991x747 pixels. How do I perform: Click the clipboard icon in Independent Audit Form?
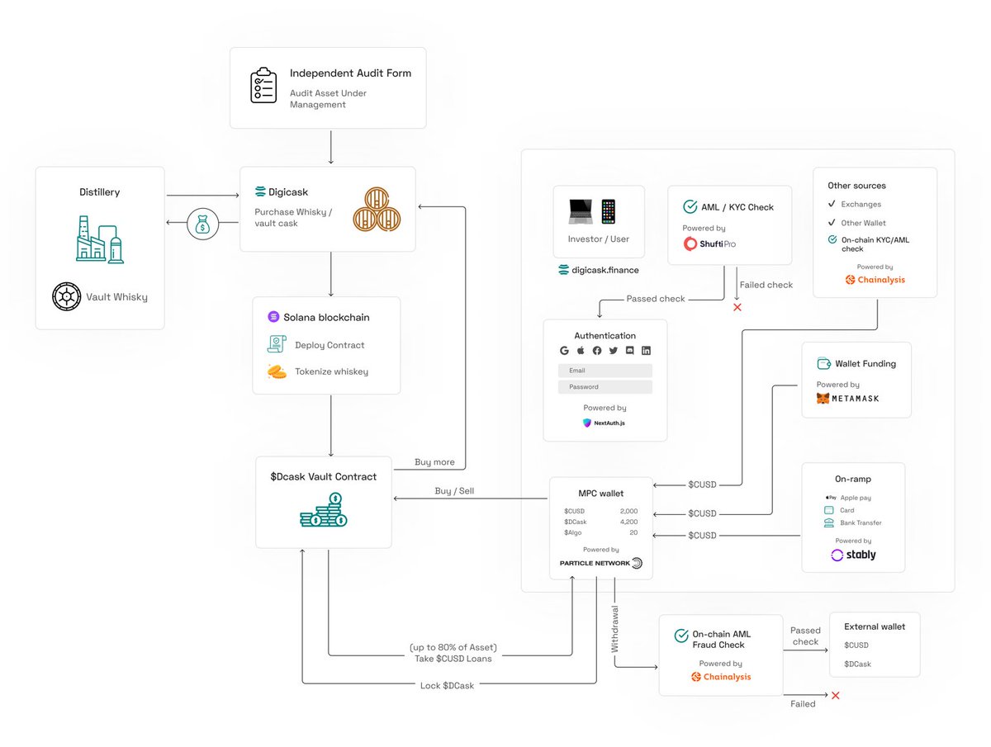pyautogui.click(x=263, y=86)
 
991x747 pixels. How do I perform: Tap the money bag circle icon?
pyautogui.click(x=202, y=223)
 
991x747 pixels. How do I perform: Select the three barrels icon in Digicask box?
pyautogui.click(x=377, y=209)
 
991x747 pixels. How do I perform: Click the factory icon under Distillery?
pyautogui.click(x=99, y=239)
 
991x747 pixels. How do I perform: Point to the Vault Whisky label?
pyautogui.click(x=116, y=297)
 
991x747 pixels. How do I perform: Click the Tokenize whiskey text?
pyautogui.click(x=331, y=371)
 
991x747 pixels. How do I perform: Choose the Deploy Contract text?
pyautogui.click(x=330, y=345)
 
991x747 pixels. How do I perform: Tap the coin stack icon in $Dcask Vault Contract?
pyautogui.click(x=323, y=510)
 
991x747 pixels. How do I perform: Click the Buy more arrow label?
pyautogui.click(x=434, y=462)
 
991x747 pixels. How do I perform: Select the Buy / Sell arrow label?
pyautogui.click(x=454, y=491)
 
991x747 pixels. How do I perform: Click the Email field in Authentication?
pyautogui.click(x=605, y=371)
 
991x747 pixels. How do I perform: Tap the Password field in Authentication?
pyautogui.click(x=605, y=386)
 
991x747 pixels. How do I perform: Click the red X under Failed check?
pyautogui.click(x=737, y=307)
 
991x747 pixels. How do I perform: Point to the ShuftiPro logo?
pyautogui.click(x=709, y=243)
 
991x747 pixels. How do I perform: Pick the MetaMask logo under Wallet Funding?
pyautogui.click(x=847, y=398)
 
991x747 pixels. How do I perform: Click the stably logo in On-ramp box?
pyautogui.click(x=853, y=555)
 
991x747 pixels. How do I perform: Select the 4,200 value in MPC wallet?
pyautogui.click(x=628, y=522)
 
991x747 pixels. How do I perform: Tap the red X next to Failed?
pyautogui.click(x=835, y=696)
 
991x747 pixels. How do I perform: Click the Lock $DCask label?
pyautogui.click(x=446, y=686)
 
